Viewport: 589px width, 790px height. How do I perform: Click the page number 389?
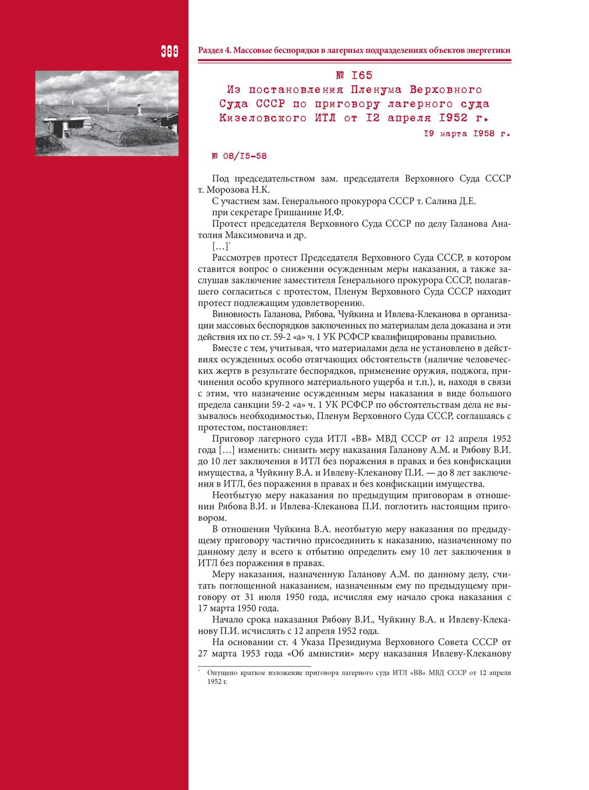[x=169, y=51]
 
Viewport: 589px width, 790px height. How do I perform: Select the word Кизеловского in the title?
[x=263, y=118]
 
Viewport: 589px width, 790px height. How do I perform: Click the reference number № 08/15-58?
[x=240, y=156]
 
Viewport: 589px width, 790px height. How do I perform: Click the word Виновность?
[x=236, y=314]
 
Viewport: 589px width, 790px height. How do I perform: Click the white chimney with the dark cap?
[x=138, y=110]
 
